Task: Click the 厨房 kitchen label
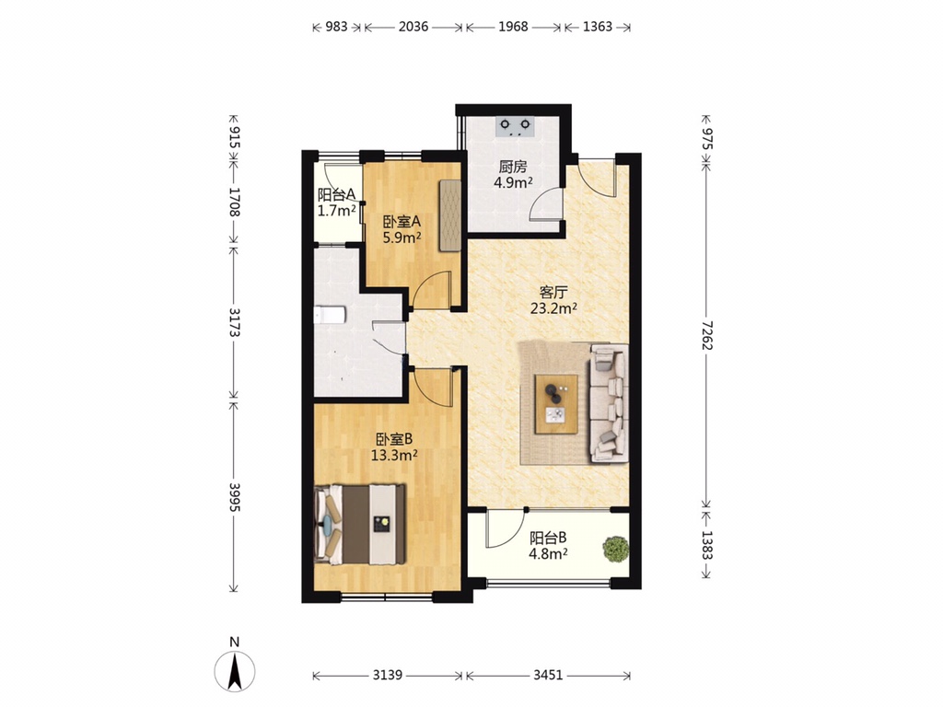click(x=513, y=167)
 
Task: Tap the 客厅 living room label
click(x=553, y=293)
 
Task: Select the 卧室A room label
click(x=402, y=221)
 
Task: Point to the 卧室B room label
click(x=394, y=439)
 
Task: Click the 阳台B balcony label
click(x=548, y=538)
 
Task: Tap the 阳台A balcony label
click(x=337, y=195)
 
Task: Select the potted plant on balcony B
click(x=616, y=549)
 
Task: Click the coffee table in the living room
click(x=556, y=404)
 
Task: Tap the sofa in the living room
click(x=610, y=403)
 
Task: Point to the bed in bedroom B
click(x=360, y=525)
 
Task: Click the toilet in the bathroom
click(x=330, y=315)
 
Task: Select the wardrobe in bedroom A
click(x=449, y=214)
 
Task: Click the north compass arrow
click(x=235, y=670)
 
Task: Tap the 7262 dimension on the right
click(x=706, y=335)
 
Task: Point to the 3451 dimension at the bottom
click(x=548, y=675)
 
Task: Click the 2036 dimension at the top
click(x=413, y=27)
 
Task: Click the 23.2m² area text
click(x=553, y=309)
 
